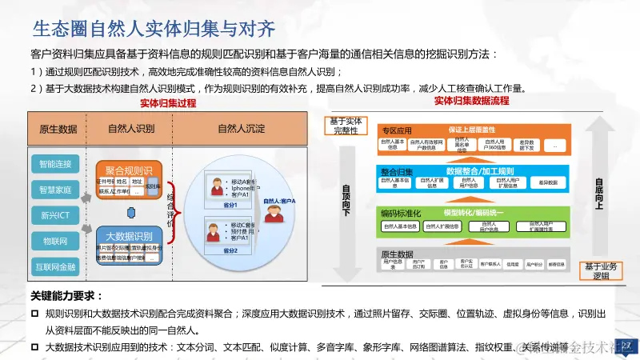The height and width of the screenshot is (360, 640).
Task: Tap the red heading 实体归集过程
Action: pyautogui.click(x=168, y=103)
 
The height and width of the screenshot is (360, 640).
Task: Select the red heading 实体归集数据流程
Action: pyautogui.click(x=471, y=101)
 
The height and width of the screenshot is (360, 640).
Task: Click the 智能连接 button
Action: pyautogui.click(x=55, y=165)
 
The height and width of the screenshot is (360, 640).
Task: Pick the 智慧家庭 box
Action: pyautogui.click(x=55, y=190)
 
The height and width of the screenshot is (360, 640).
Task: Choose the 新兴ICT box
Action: pyautogui.click(x=55, y=215)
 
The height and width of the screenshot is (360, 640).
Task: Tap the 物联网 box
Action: pyautogui.click(x=55, y=240)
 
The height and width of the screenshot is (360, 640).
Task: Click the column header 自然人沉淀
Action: pyautogui.click(x=242, y=129)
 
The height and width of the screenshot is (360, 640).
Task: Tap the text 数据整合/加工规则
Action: pyautogui.click(x=480, y=171)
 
